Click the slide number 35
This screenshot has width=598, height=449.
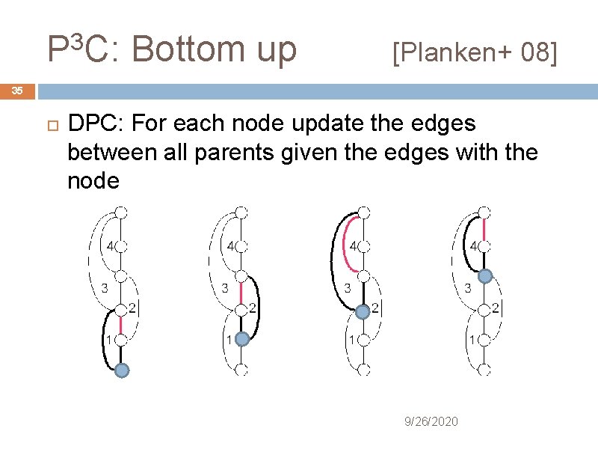click(x=17, y=91)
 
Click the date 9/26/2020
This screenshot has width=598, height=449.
click(x=431, y=422)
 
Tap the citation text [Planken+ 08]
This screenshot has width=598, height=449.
click(x=475, y=52)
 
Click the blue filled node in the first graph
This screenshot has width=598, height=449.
click(x=122, y=370)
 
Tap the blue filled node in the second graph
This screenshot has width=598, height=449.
click(x=241, y=339)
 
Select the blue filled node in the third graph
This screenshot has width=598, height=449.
click(x=363, y=310)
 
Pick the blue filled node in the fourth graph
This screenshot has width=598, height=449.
click(x=484, y=277)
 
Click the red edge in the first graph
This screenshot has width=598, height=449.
click(x=122, y=323)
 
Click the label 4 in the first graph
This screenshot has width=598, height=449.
click(x=110, y=245)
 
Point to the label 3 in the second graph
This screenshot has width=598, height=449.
click(x=224, y=287)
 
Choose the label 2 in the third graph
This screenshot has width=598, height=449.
click(x=374, y=308)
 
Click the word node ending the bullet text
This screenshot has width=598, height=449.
click(x=93, y=181)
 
